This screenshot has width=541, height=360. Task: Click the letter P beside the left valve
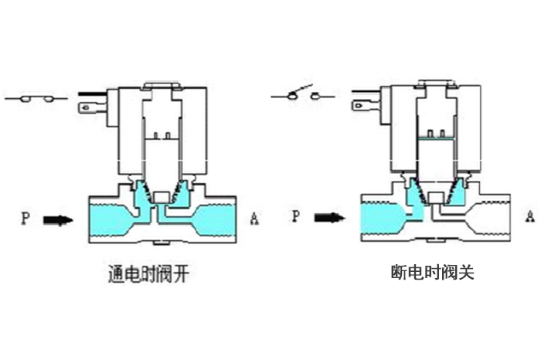click(26, 219)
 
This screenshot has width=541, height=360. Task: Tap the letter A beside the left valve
click(254, 219)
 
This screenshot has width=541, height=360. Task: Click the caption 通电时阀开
click(149, 273)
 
